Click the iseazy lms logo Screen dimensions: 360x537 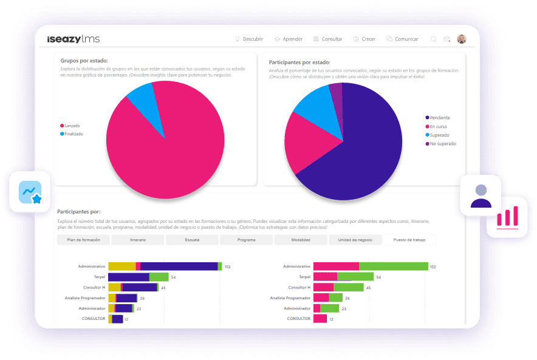pyautogui.click(x=74, y=39)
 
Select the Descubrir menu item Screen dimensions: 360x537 pyautogui.click(x=249, y=39)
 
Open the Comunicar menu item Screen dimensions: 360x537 pyautogui.click(x=402, y=39)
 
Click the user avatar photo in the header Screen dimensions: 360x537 pyautogui.click(x=462, y=39)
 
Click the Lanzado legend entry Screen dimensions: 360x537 pyautogui.click(x=72, y=126)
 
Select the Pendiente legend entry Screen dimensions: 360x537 pyautogui.click(x=439, y=117)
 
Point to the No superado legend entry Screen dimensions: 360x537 pyautogui.click(x=442, y=144)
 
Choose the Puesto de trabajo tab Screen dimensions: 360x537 pyautogui.click(x=409, y=240)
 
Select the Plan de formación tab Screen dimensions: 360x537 pyautogui.click(x=83, y=240)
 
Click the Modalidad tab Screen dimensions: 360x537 pyautogui.click(x=301, y=240)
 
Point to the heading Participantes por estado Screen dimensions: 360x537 pyautogui.click(x=299, y=62)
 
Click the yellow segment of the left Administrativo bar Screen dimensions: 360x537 pyautogui.click(x=121, y=266)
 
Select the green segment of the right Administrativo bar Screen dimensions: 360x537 pyautogui.click(x=394, y=266)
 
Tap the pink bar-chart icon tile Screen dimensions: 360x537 pyautogui.click(x=507, y=217)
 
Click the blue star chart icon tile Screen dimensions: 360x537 pyautogui.click(x=30, y=192)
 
